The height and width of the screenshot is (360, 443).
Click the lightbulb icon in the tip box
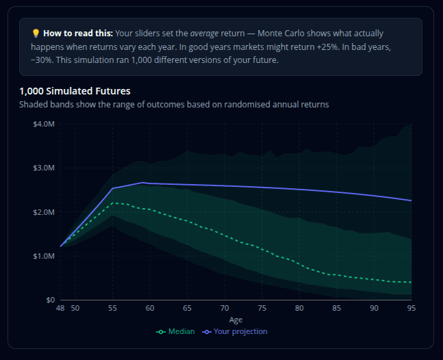click(36, 33)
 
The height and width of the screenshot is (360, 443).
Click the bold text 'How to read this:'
click(78, 33)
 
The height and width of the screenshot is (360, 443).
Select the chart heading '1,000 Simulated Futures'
click(75, 91)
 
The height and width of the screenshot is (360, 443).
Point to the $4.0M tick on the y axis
click(43, 124)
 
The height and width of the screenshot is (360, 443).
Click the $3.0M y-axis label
click(43, 168)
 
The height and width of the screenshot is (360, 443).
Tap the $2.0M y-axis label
click(43, 212)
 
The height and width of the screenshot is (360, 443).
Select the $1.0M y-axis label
click(43, 256)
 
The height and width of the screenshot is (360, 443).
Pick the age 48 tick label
click(60, 309)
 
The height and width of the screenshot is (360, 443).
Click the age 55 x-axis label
click(112, 309)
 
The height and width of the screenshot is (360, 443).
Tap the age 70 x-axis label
click(225, 309)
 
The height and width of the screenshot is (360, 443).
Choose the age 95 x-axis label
click(411, 309)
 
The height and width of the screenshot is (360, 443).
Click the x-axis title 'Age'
click(236, 320)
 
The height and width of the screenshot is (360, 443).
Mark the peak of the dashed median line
click(114, 203)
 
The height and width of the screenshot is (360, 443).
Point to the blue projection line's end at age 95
click(411, 201)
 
